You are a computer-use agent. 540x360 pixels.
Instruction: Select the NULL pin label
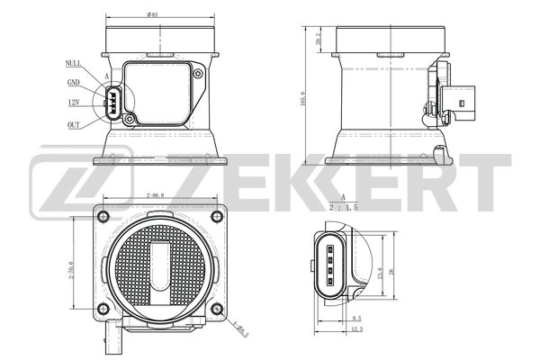[x=75, y=62]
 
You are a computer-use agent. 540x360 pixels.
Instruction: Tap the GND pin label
[x=74, y=82]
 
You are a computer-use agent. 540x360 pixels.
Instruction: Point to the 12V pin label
[x=75, y=103]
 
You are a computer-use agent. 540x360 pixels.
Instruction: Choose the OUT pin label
[x=74, y=126]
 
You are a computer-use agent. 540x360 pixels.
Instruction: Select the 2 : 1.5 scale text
[x=344, y=206]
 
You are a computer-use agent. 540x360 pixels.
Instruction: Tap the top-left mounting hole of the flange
[x=101, y=215]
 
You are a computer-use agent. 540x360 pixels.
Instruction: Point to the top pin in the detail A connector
[x=331, y=248]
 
